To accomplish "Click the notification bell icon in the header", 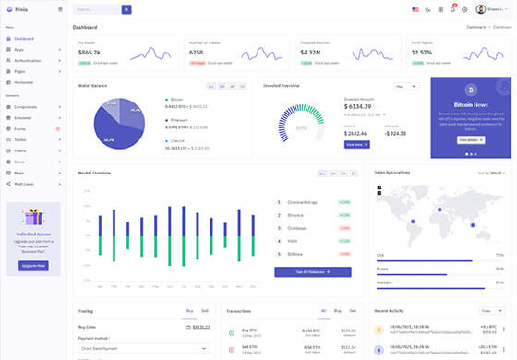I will click(452, 9).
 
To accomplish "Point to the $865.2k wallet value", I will click(90, 52).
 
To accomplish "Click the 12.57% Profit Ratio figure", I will click(422, 52).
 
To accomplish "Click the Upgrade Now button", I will click(33, 265).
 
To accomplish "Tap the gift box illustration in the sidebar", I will click(33, 218).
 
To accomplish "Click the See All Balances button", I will click(312, 272).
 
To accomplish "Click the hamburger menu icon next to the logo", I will click(61, 9).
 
